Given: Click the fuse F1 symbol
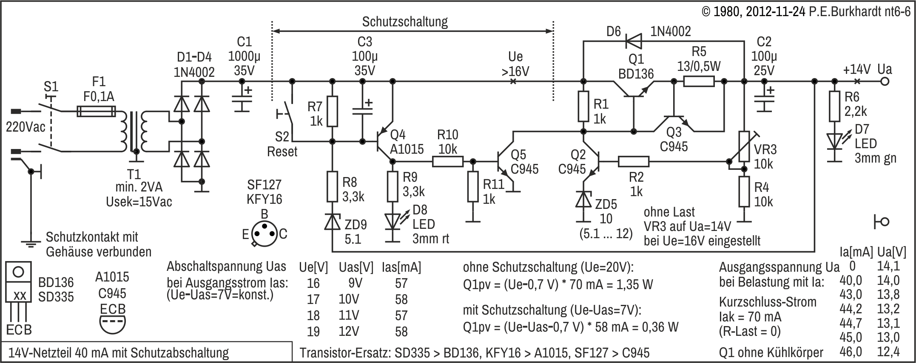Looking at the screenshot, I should click(96, 112).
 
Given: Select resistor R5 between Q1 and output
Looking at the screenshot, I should click(699, 82).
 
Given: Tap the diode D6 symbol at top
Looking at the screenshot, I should click(634, 41).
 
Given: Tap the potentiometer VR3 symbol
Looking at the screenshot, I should click(744, 146).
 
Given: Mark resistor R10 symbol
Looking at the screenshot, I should click(448, 161).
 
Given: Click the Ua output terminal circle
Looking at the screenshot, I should click(885, 82).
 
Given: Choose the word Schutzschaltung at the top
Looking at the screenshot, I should click(405, 22).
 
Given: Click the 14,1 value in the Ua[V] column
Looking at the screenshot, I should click(888, 266).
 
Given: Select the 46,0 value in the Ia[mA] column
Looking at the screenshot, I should click(851, 352).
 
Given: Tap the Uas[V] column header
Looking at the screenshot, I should click(356, 267).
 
